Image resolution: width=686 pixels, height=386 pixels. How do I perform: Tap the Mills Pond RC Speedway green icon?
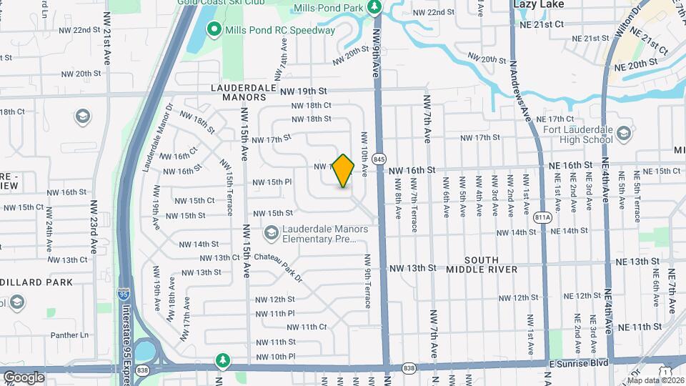[x=213, y=30]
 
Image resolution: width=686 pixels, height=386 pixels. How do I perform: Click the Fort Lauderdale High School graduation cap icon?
[x=624, y=132]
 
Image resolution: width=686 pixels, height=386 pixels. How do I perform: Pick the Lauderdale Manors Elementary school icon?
[x=271, y=233]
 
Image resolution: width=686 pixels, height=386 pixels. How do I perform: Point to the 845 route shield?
[x=379, y=158]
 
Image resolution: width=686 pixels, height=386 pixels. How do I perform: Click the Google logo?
[x=24, y=377]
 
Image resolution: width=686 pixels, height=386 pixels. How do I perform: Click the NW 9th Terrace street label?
[x=368, y=281]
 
